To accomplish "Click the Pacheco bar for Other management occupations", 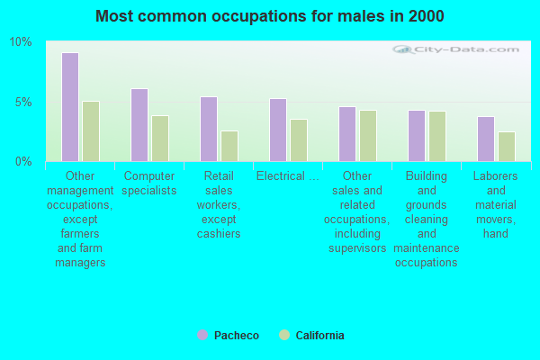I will [x=70, y=107].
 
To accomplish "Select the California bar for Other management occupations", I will [x=91, y=131].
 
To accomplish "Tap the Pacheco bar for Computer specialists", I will [x=139, y=125].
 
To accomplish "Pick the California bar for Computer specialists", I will [x=160, y=139].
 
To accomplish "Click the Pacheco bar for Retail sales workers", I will [x=209, y=129].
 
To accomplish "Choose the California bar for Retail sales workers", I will [x=229, y=146].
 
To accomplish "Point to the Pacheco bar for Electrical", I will [x=278, y=130].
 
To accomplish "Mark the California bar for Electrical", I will [x=299, y=140].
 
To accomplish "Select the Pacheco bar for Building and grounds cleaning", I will [x=417, y=136].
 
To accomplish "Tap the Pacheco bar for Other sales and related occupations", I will [x=347, y=134].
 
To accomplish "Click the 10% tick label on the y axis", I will [x=21, y=42].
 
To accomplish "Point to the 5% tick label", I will [x=23, y=102].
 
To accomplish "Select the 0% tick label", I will [x=23, y=161].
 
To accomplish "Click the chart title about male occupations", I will [x=270, y=16].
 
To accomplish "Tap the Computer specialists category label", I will [x=149, y=183].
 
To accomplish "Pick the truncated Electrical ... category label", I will [x=288, y=175].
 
